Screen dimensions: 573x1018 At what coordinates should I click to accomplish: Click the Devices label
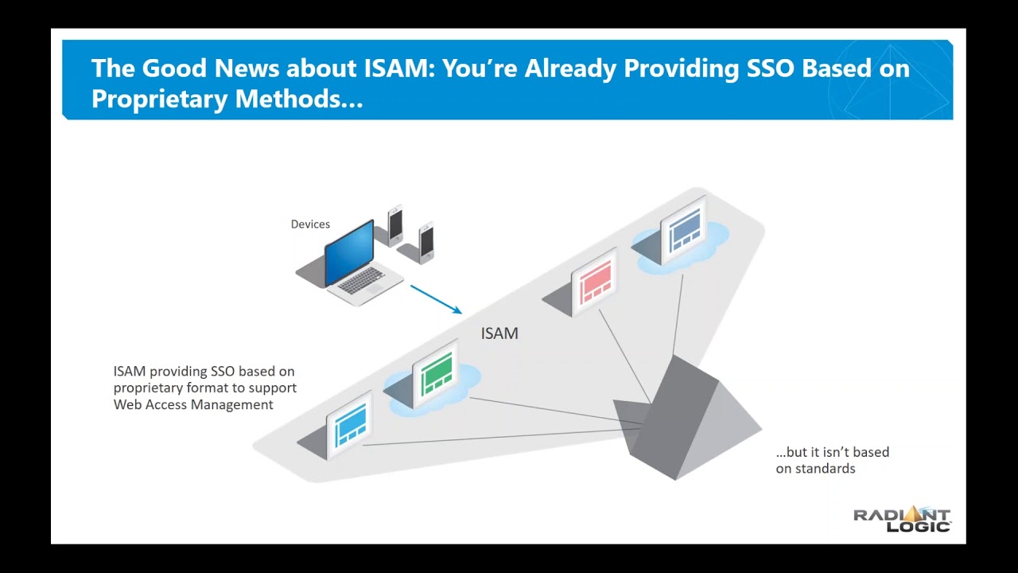pyautogui.click(x=310, y=224)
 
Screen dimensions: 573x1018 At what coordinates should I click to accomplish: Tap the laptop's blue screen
pyautogui.click(x=349, y=252)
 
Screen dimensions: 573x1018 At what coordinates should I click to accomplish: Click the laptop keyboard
pyautogui.click(x=363, y=281)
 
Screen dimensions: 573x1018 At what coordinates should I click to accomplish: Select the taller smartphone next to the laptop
pyautogui.click(x=395, y=224)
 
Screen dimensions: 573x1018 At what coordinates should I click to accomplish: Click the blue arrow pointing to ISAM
pyautogui.click(x=436, y=299)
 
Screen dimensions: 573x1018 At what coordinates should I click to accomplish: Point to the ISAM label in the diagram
pyautogui.click(x=499, y=333)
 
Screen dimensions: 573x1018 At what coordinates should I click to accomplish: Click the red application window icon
pyautogui.click(x=595, y=281)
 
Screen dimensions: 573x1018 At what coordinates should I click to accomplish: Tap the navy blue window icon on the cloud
pyautogui.click(x=684, y=232)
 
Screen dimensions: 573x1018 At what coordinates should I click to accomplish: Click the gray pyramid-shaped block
pyautogui.click(x=684, y=422)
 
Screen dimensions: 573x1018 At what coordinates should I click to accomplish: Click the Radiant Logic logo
pyautogui.click(x=902, y=519)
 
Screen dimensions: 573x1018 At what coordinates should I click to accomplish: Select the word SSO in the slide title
pyautogui.click(x=771, y=68)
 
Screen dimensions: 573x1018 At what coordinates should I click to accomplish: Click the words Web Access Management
pyautogui.click(x=193, y=404)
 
